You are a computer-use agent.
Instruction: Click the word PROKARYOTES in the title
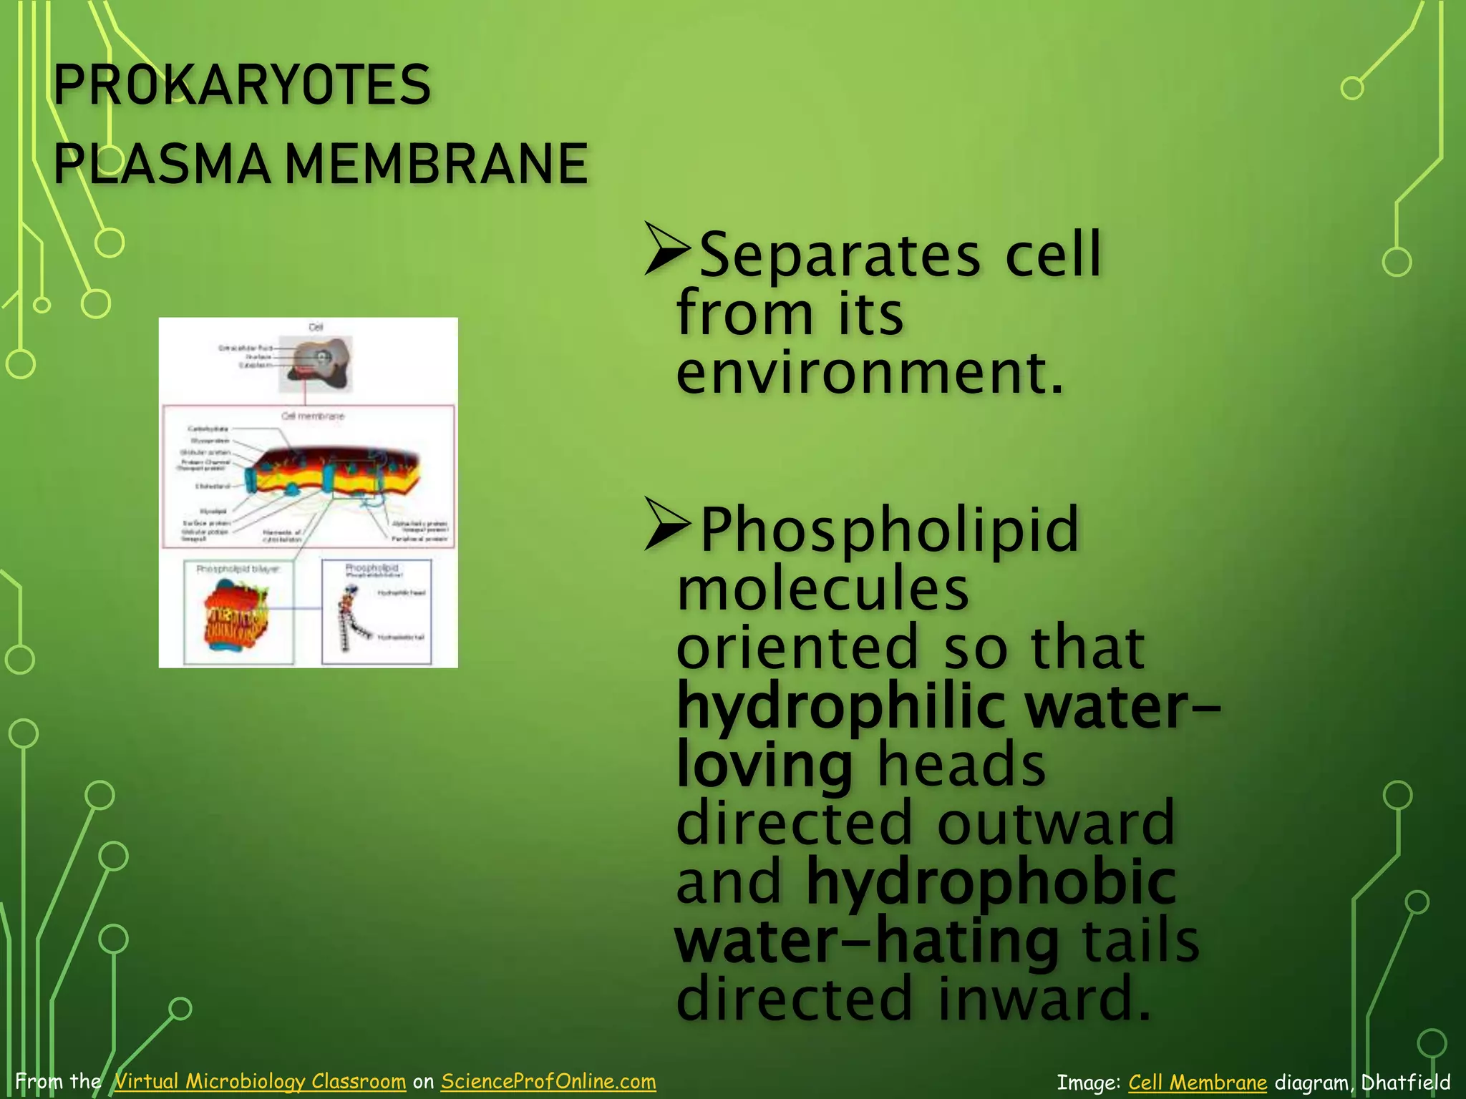click(x=242, y=84)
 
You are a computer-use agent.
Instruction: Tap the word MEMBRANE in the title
click(x=437, y=164)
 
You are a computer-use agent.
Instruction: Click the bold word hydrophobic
click(x=991, y=882)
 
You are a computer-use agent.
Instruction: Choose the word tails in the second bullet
click(x=1140, y=941)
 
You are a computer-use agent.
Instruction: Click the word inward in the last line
click(x=1044, y=1000)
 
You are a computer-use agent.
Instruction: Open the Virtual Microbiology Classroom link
click(x=260, y=1081)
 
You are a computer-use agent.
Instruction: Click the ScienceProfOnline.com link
click(x=548, y=1081)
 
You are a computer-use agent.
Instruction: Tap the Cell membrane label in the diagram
click(x=313, y=416)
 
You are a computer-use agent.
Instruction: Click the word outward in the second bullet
click(x=1056, y=823)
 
